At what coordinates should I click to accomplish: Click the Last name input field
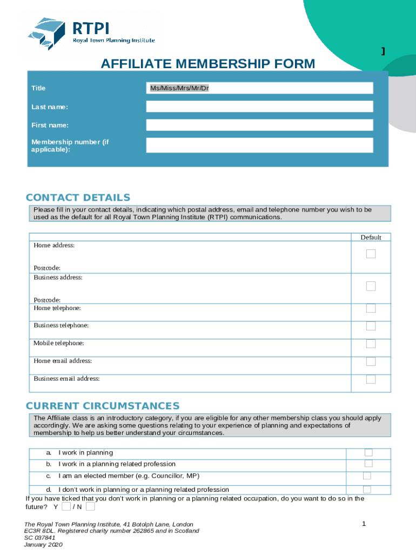pyautogui.click(x=259, y=107)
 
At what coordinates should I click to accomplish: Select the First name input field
pyautogui.click(x=259, y=125)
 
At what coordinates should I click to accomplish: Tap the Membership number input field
pyautogui.click(x=259, y=145)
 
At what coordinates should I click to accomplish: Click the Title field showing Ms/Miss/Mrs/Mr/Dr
pyautogui.click(x=259, y=88)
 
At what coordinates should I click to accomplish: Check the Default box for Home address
pyautogui.click(x=371, y=254)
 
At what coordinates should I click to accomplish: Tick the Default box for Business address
pyautogui.click(x=371, y=286)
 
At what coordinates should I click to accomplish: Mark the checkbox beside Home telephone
pyautogui.click(x=371, y=308)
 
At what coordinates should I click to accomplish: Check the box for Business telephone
pyautogui.click(x=371, y=326)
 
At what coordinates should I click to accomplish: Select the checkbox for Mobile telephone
pyautogui.click(x=371, y=344)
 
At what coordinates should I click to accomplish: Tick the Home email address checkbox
pyautogui.click(x=371, y=361)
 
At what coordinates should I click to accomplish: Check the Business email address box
pyautogui.click(x=371, y=379)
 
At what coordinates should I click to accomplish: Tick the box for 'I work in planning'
pyautogui.click(x=368, y=452)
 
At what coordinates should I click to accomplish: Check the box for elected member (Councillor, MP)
pyautogui.click(x=367, y=476)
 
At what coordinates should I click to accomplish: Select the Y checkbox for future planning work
pyautogui.click(x=65, y=507)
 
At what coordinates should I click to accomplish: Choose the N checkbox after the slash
pyautogui.click(x=90, y=507)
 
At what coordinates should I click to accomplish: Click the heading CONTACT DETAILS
pyautogui.click(x=78, y=197)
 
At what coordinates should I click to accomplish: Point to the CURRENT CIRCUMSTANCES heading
pyautogui.click(x=103, y=406)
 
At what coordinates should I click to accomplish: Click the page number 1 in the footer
pyautogui.click(x=364, y=524)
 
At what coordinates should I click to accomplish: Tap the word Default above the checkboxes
pyautogui.click(x=371, y=238)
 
